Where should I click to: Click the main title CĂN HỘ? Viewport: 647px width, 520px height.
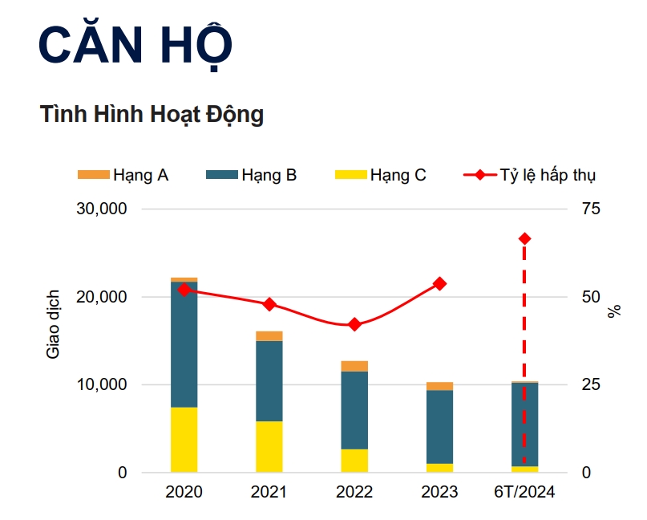point(135,47)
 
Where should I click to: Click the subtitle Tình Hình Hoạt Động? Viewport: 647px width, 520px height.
point(152,114)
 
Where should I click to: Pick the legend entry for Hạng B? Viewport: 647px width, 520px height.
point(252,175)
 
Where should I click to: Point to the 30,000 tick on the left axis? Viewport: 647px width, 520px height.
point(102,209)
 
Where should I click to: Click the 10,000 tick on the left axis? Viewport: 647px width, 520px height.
point(102,385)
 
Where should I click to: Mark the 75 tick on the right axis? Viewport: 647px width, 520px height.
point(590,209)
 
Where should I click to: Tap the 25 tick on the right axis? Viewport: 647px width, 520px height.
point(590,385)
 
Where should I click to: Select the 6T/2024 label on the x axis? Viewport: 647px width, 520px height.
point(525,492)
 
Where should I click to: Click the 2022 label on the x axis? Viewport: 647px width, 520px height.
point(354,492)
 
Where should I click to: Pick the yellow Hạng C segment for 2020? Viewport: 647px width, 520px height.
point(184,440)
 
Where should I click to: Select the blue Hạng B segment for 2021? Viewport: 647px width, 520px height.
point(269,381)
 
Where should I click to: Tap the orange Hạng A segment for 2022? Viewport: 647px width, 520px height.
point(354,366)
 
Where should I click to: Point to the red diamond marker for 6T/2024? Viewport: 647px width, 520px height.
point(525,238)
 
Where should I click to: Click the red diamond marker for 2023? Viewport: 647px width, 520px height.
point(439,283)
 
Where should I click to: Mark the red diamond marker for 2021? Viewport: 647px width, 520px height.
point(269,304)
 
